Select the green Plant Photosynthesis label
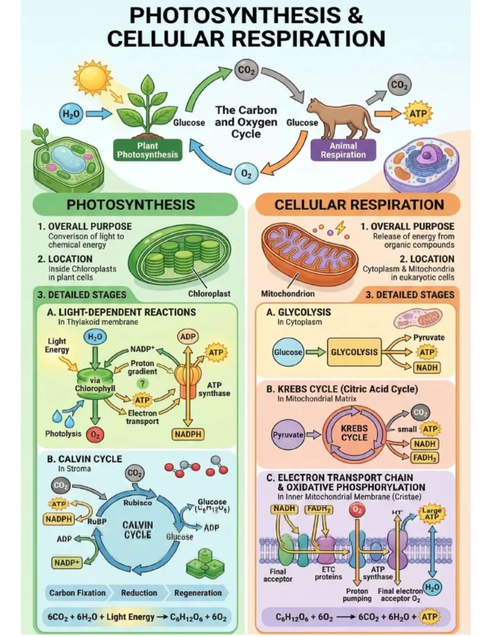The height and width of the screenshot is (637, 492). (x=148, y=150)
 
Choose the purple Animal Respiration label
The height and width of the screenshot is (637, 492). (x=344, y=150)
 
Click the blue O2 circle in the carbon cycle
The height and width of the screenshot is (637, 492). (x=247, y=174)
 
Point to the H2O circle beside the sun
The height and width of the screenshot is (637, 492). (x=71, y=114)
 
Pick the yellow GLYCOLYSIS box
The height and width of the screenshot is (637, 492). (x=354, y=352)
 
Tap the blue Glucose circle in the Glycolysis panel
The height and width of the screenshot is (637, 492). (x=288, y=352)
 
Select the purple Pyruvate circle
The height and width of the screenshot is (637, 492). (x=288, y=435)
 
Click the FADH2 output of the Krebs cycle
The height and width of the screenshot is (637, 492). (x=425, y=457)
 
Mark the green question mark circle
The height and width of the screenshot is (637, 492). (x=142, y=383)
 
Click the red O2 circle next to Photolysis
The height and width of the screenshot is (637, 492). (x=95, y=435)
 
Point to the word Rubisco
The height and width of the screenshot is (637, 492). (x=138, y=503)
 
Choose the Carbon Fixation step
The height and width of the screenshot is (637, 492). (x=77, y=593)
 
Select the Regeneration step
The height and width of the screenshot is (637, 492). (x=198, y=593)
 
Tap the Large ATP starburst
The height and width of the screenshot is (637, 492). (x=431, y=513)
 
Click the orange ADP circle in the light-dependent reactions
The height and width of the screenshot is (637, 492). (x=188, y=337)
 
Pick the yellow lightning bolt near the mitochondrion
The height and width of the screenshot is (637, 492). (x=340, y=228)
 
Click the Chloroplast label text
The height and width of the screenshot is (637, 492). (x=209, y=293)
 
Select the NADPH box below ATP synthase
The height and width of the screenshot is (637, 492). (x=188, y=435)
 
